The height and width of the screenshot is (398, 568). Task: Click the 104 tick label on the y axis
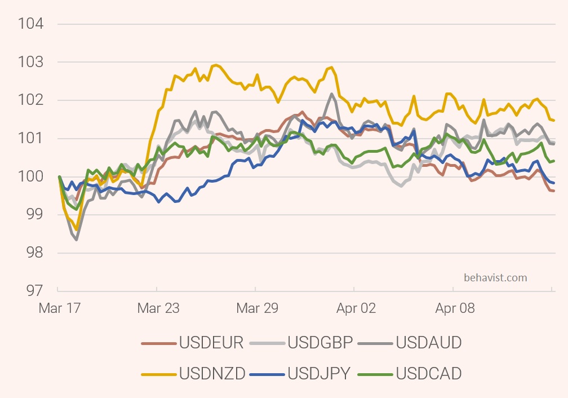coord(30,24)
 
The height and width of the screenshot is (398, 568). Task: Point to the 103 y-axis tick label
coord(30,62)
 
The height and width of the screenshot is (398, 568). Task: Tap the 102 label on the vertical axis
coord(30,100)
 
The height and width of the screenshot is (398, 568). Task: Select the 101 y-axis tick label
coord(30,139)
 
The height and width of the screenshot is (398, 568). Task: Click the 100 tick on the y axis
coord(30,177)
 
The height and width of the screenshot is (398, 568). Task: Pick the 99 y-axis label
coord(34,215)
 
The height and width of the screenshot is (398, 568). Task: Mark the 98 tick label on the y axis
coord(34,253)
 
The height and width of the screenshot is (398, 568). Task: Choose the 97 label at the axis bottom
coord(34,291)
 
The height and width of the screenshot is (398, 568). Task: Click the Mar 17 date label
coord(59,309)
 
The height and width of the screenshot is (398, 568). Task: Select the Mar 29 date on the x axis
coord(256,309)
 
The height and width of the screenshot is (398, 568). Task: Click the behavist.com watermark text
coord(495,277)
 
